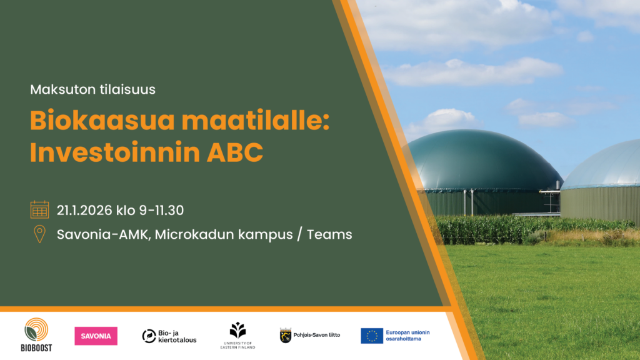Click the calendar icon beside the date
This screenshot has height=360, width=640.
click(39, 209)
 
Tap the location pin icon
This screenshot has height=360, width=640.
click(39, 234)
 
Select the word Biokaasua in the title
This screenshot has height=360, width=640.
click(102, 121)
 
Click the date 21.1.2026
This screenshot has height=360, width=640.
click(84, 210)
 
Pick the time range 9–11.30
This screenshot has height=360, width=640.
click(162, 210)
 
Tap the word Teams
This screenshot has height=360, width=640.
click(329, 235)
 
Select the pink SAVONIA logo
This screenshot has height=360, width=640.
click(96, 336)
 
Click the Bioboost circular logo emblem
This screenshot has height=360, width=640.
click(36, 330)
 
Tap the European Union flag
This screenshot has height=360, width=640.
click(372, 336)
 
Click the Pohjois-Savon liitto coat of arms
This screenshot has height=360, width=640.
click(285, 336)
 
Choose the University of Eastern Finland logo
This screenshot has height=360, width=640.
click(237, 336)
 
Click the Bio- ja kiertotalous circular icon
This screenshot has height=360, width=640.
click(149, 336)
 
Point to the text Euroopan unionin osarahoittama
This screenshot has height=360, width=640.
click(407, 336)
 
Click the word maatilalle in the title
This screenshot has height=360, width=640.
click(256, 121)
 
